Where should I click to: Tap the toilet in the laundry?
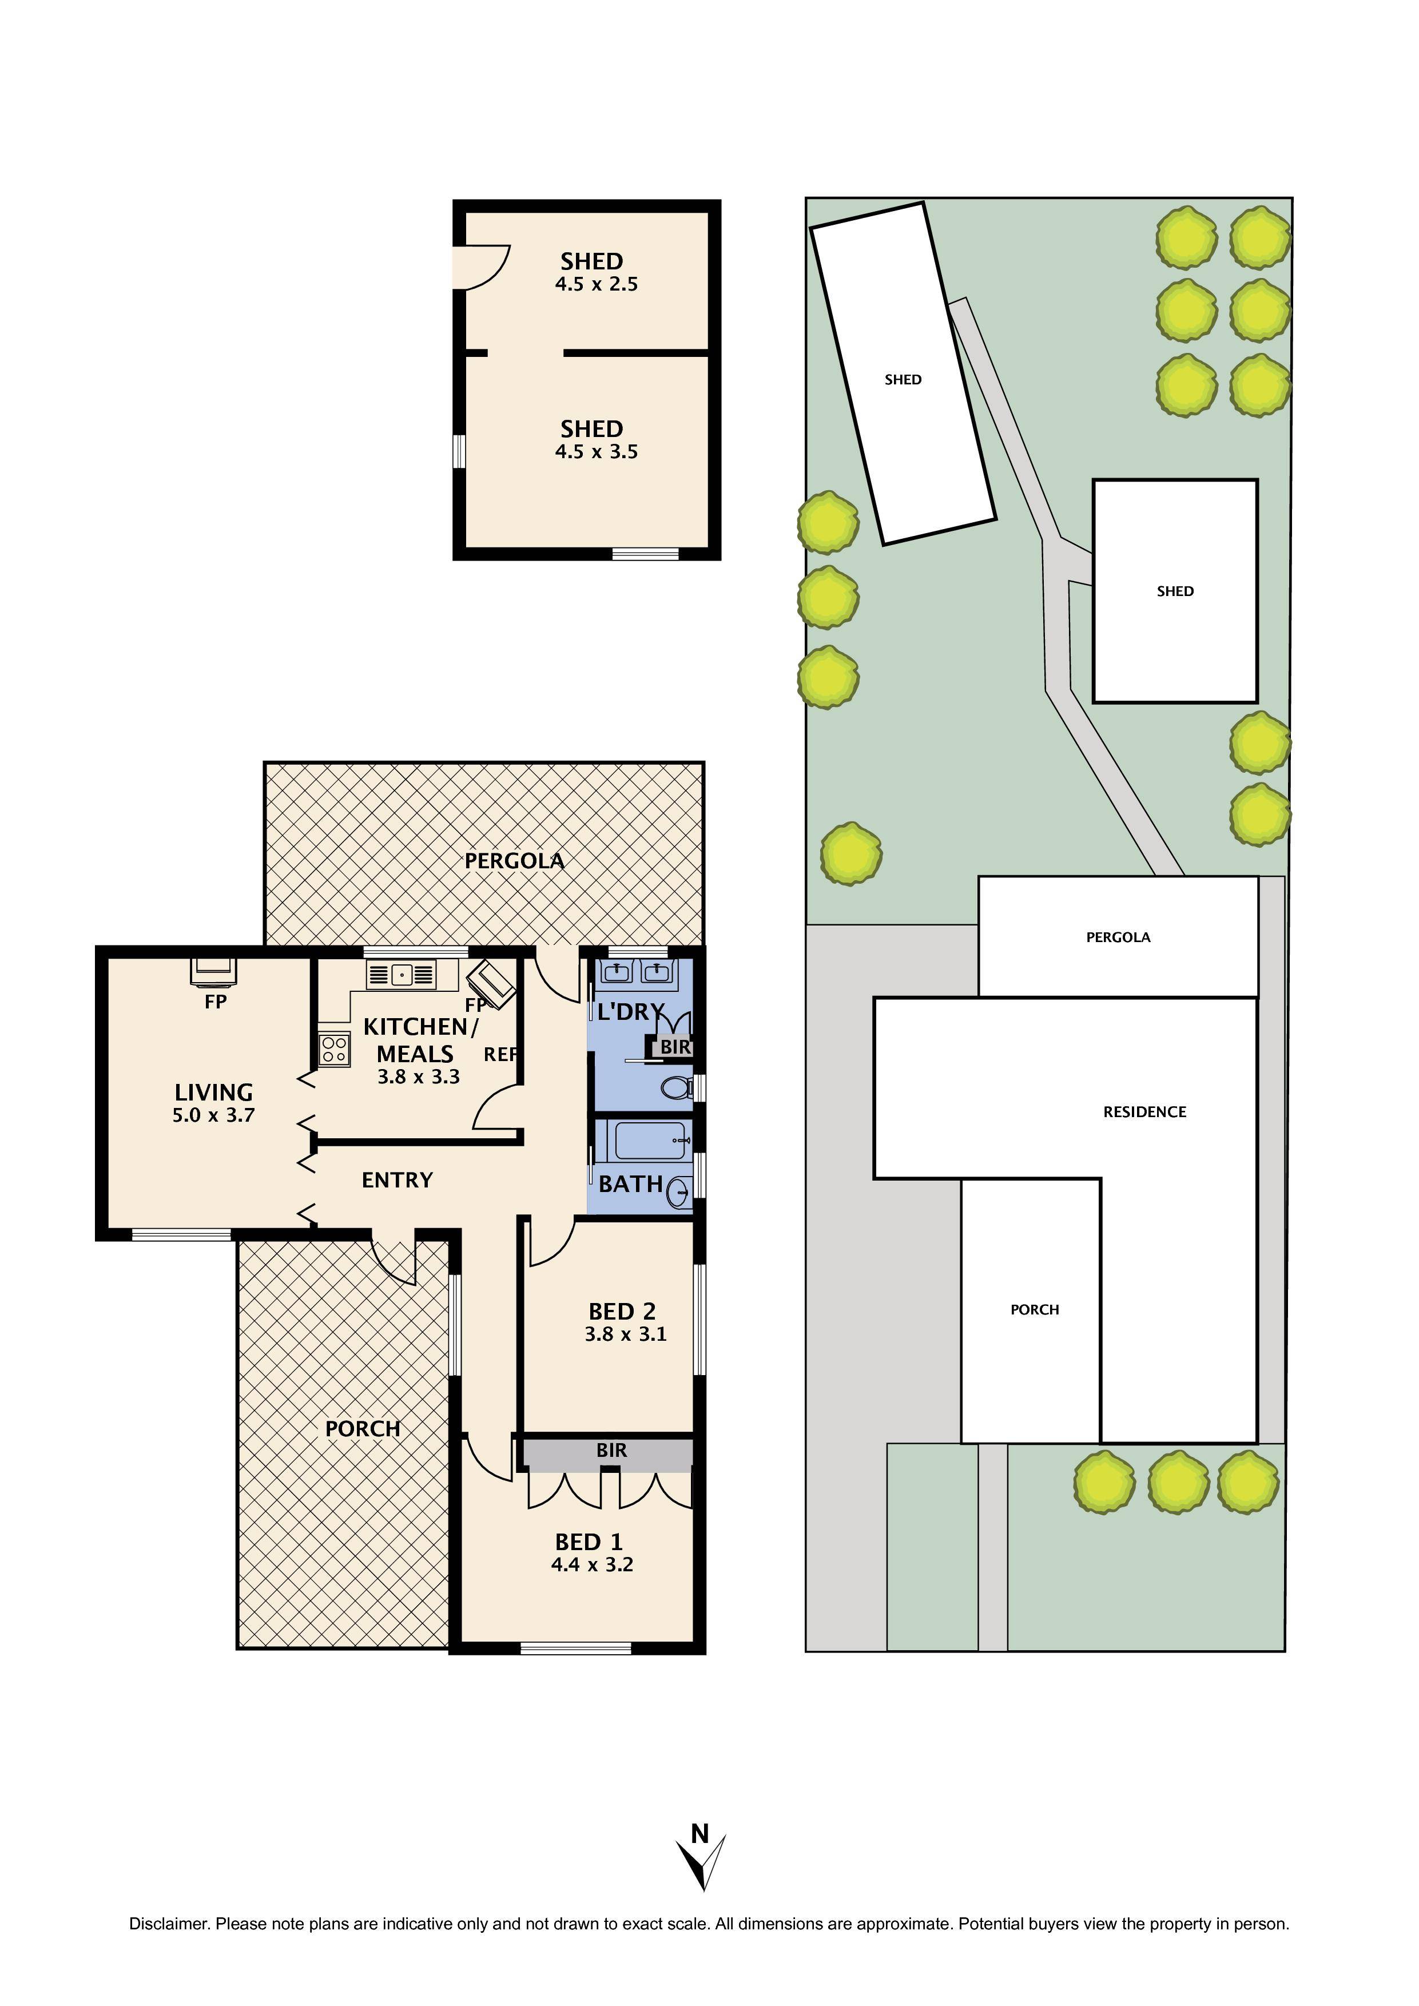[x=674, y=1088]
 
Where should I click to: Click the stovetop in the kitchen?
[x=334, y=1049]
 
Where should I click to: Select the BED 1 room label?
[x=589, y=1542]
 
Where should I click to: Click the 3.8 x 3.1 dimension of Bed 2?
[x=626, y=1334]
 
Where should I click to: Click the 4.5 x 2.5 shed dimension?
[x=596, y=284]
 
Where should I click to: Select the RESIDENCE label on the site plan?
[x=1144, y=1112]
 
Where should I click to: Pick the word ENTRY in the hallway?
[x=398, y=1181]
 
